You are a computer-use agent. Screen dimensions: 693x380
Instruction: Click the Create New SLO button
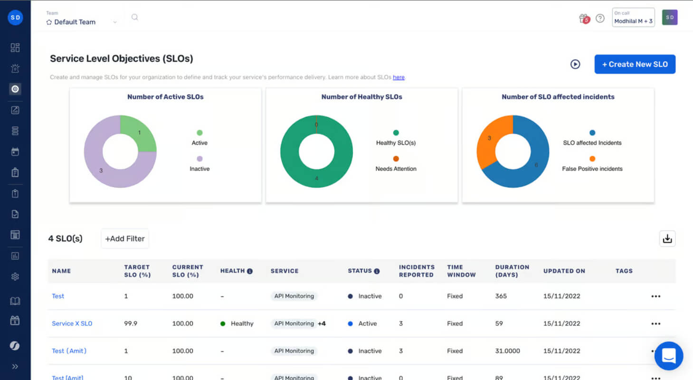point(635,64)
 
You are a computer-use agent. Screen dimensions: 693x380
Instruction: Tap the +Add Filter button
point(124,238)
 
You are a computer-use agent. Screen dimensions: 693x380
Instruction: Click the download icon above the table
point(667,238)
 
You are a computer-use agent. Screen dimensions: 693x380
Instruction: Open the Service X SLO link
point(72,323)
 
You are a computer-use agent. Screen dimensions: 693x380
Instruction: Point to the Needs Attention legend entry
point(396,164)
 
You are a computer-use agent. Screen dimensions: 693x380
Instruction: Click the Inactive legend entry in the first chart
point(199,164)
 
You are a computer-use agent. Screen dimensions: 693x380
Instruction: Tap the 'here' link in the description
point(399,77)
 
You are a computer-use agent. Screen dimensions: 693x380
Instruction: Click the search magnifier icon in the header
point(134,17)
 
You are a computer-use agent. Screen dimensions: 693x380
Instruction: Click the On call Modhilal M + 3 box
point(633,17)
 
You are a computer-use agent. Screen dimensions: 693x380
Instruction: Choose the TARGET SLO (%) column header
point(137,271)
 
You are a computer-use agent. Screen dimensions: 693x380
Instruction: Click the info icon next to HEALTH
point(250,271)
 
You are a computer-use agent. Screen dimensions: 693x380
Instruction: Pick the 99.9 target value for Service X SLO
point(131,323)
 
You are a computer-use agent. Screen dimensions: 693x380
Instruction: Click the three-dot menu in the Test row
point(655,296)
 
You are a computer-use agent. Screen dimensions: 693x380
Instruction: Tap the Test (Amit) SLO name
point(69,351)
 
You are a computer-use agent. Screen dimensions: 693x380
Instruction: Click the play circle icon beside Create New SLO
point(575,64)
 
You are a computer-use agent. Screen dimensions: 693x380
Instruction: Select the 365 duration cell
point(501,296)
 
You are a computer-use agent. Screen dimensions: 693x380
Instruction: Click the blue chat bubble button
point(669,356)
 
